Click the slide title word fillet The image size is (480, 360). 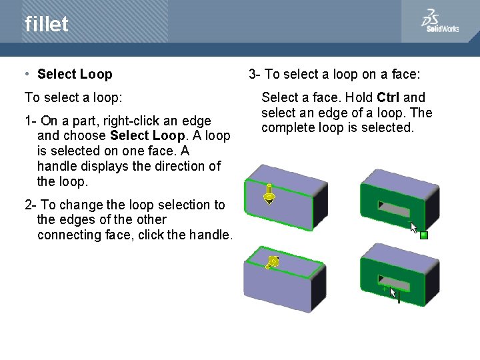[x=47, y=25]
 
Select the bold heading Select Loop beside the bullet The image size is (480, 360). [x=75, y=74]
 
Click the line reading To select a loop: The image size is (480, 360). [x=73, y=97]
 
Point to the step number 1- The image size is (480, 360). [x=31, y=121]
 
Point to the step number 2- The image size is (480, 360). [x=31, y=205]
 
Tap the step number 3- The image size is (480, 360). [x=255, y=74]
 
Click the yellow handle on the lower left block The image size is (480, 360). [x=272, y=263]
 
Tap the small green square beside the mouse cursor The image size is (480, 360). [x=423, y=235]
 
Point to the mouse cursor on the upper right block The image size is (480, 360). [x=413, y=227]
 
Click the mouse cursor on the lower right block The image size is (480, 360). [x=393, y=292]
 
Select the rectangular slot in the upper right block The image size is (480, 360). [x=393, y=209]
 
